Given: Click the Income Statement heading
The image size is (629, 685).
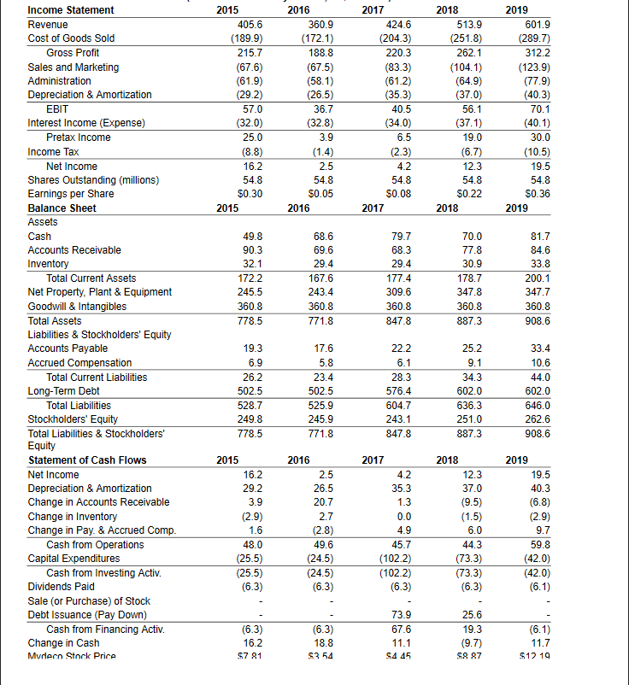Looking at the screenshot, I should [x=71, y=10].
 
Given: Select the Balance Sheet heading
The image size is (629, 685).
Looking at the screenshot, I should [x=62, y=208].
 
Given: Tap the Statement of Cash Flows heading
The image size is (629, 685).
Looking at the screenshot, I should [x=87, y=460].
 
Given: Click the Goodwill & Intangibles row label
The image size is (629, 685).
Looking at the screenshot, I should [x=77, y=306].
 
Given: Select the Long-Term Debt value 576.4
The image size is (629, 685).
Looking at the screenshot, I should [x=397, y=391].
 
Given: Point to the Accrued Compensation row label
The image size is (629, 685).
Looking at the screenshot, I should [x=79, y=363].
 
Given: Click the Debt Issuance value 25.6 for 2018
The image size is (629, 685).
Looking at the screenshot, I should [x=470, y=615].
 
